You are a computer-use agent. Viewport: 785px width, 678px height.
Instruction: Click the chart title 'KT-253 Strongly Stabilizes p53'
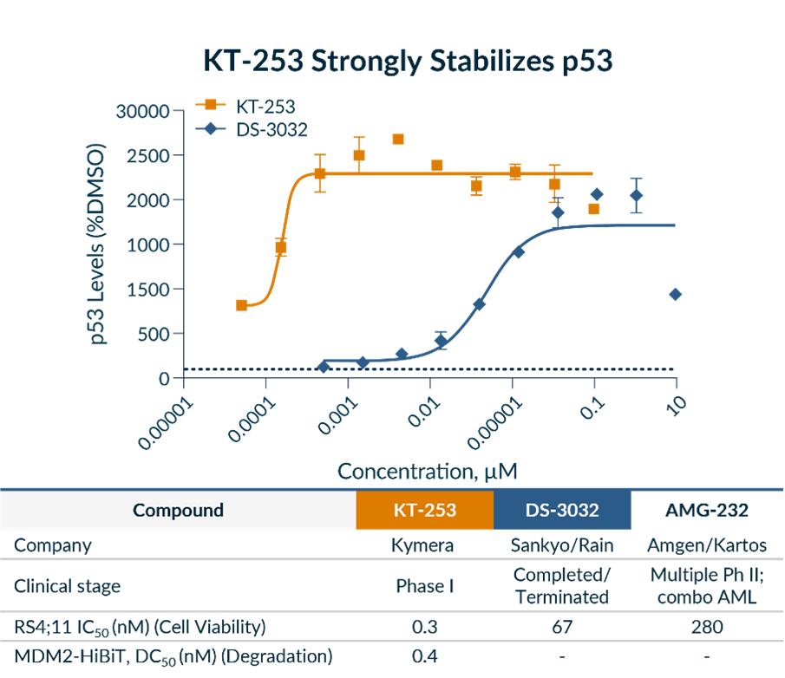(x=408, y=62)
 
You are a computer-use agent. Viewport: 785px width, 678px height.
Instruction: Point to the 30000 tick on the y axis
(x=144, y=112)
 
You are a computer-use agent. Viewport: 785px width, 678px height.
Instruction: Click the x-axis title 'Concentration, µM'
(x=428, y=471)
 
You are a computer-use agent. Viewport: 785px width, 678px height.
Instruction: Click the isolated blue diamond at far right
(x=675, y=295)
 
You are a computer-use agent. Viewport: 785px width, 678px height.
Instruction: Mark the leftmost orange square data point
(x=241, y=305)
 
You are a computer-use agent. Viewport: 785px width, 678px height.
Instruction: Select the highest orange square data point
(x=398, y=139)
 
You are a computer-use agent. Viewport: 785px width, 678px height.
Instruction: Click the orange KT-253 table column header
(x=424, y=510)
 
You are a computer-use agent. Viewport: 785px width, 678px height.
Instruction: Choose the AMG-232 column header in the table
(x=707, y=510)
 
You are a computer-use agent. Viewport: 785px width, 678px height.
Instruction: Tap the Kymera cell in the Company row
(x=424, y=546)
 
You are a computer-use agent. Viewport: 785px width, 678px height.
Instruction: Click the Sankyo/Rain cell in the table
(x=562, y=546)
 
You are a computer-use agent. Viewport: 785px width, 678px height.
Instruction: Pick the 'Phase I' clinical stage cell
(x=424, y=586)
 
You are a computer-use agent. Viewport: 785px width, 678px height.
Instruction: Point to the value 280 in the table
(x=707, y=627)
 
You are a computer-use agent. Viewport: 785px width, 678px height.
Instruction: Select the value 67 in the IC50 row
(x=562, y=627)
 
